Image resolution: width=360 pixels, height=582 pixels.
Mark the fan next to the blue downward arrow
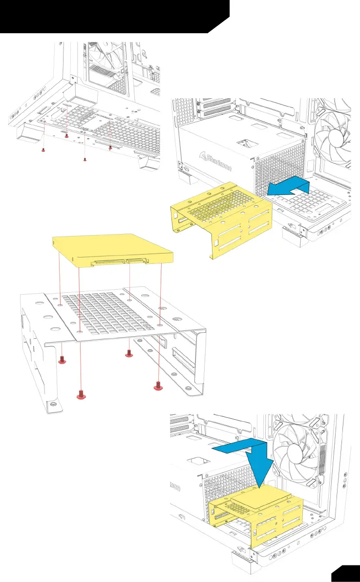tap(298, 452)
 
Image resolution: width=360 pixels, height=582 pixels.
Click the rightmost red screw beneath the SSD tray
tap(158, 387)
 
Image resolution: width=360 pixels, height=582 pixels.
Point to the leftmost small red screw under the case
tap(43, 150)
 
